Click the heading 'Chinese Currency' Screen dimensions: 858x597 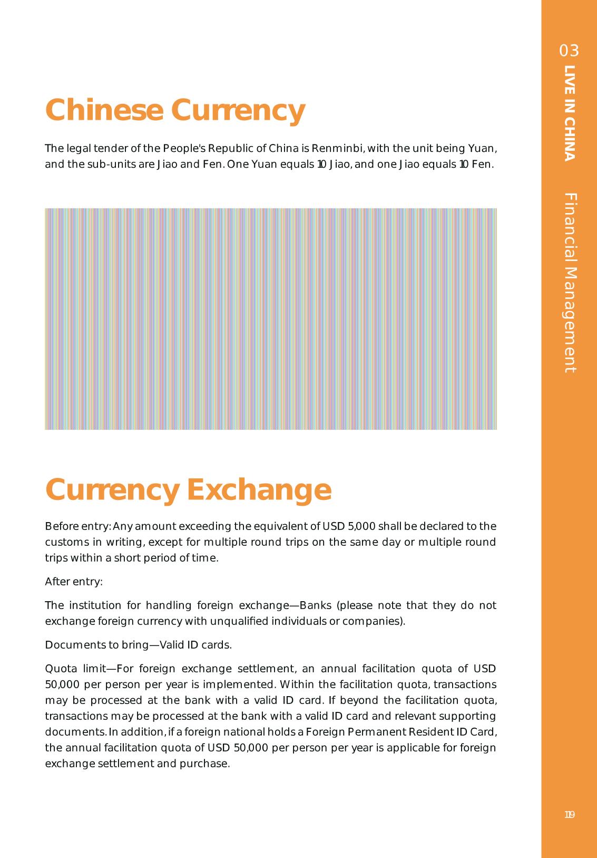[x=175, y=110]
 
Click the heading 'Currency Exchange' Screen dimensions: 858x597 [x=188, y=489]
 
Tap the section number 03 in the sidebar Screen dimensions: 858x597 [x=569, y=51]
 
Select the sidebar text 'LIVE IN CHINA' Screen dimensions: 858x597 [x=570, y=113]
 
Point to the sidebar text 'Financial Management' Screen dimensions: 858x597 [x=570, y=283]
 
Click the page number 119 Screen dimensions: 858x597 [x=569, y=815]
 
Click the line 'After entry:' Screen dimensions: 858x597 [x=74, y=582]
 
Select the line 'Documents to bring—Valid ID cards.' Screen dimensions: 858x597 [x=138, y=645]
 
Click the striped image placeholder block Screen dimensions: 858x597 [x=271, y=319]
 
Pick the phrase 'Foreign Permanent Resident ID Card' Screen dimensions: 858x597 [x=400, y=732]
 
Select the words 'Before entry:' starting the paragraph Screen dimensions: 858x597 [x=77, y=526]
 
